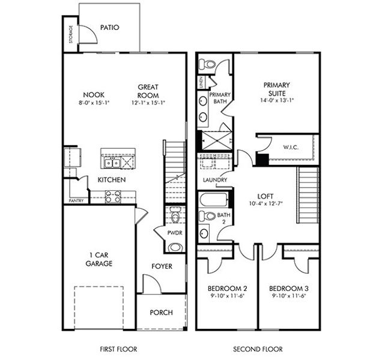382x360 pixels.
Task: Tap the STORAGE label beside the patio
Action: click(70, 35)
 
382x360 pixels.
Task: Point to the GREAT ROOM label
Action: click(148, 91)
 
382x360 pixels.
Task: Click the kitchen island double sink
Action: click(112, 163)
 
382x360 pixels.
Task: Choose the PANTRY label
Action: click(76, 201)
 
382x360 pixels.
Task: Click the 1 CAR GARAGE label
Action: click(99, 258)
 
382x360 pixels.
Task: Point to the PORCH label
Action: click(161, 313)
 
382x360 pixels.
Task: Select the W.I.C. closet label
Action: click(291, 147)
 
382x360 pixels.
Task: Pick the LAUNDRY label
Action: click(214, 180)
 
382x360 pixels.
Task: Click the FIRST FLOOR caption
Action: click(118, 349)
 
